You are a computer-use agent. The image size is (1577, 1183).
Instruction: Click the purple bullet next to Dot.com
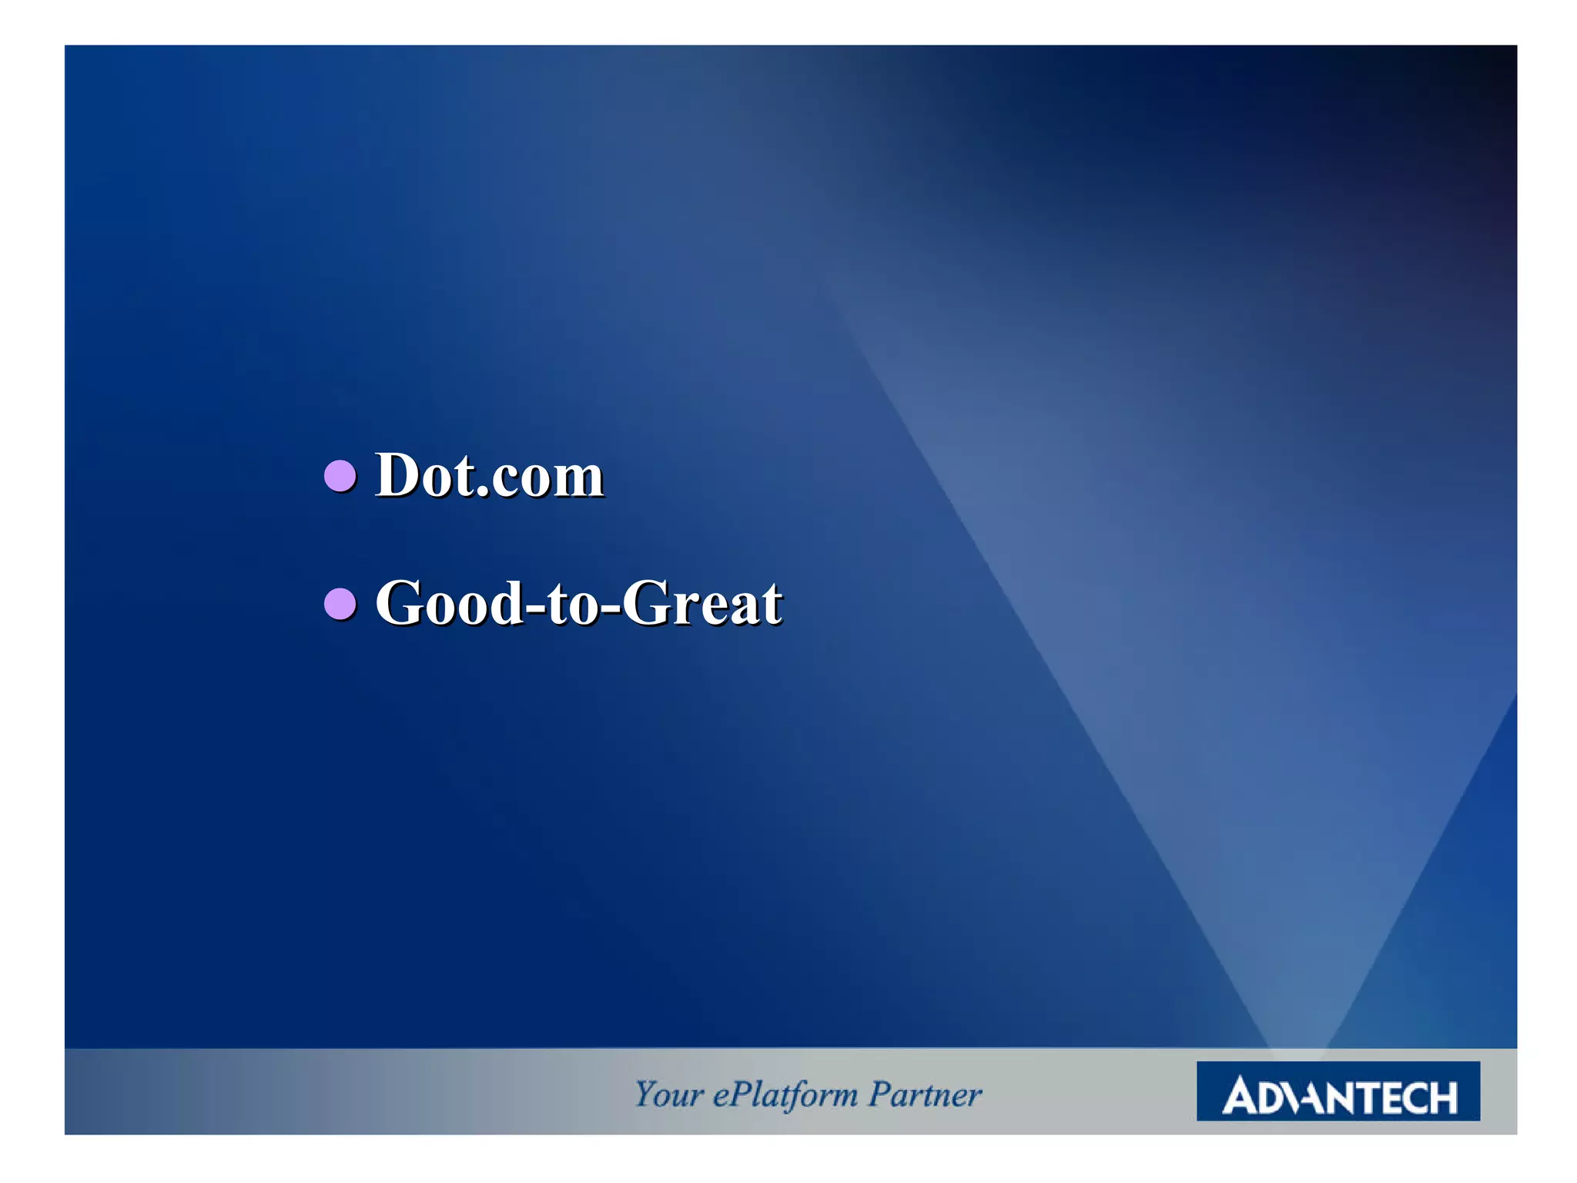pos(340,476)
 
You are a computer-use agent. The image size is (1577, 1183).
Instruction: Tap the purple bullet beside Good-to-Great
pos(340,604)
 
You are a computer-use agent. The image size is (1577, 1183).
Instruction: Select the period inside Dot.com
pos(483,493)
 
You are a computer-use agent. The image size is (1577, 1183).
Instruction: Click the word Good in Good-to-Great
pos(450,604)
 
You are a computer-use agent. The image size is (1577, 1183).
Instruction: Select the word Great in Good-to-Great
pos(701,604)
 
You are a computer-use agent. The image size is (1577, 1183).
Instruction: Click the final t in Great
pos(772,605)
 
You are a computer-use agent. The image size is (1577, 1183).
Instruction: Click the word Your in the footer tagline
pos(668,1094)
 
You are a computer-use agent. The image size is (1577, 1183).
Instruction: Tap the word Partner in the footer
pos(925,1094)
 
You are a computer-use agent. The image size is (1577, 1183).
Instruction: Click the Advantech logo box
pos(1338,1091)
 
